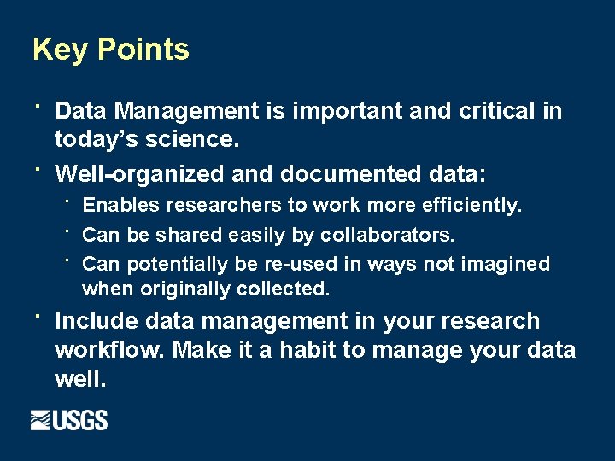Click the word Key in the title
point(61,50)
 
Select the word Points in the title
point(143,50)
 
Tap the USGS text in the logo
point(82,420)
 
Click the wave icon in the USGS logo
point(42,420)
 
